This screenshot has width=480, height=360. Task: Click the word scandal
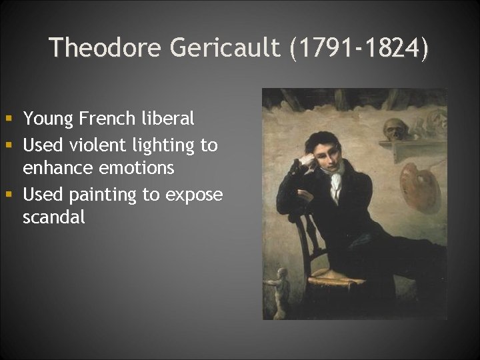pyautogui.click(x=54, y=217)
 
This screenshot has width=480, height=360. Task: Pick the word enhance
pyautogui.click(x=55, y=167)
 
